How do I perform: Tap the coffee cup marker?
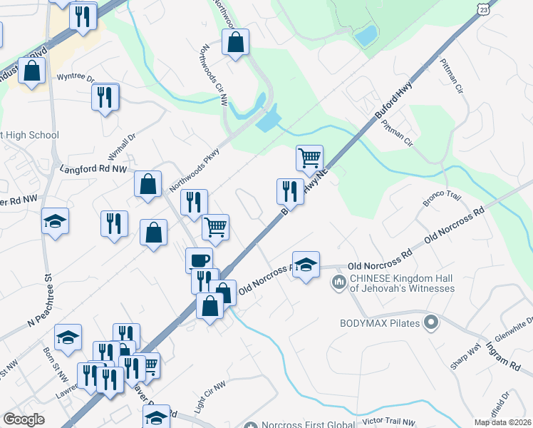click(x=199, y=260)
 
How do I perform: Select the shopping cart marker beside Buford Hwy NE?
click(x=309, y=158)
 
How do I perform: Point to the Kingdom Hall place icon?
click(x=338, y=283)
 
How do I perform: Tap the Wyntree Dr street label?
click(x=76, y=77)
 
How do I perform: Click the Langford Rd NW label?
click(x=93, y=170)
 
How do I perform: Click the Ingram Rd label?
click(x=503, y=355)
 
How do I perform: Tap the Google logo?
click(x=24, y=419)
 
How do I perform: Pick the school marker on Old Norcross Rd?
click(x=306, y=265)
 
